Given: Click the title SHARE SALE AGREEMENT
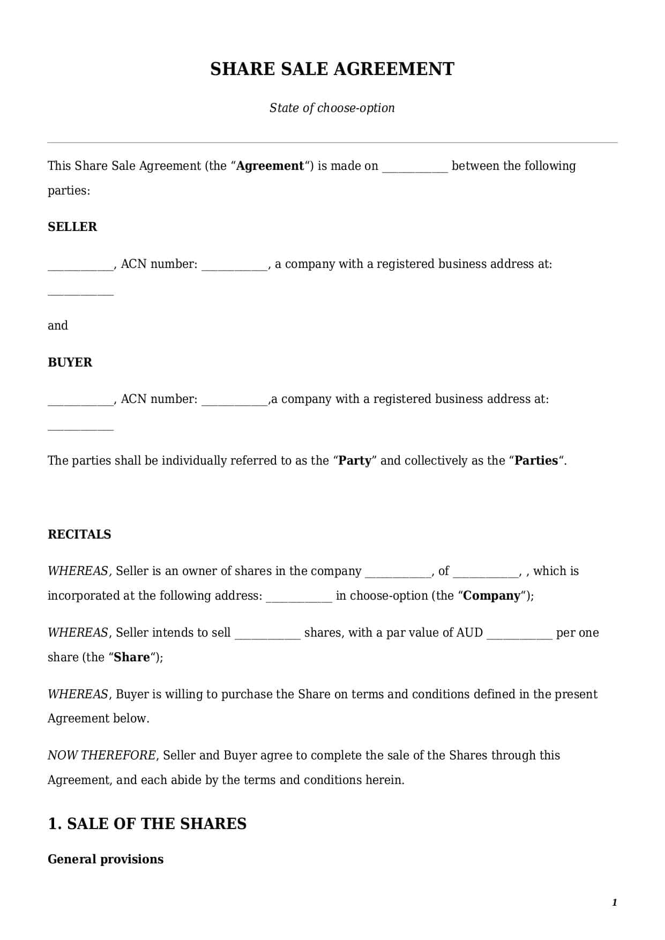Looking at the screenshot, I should [332, 69].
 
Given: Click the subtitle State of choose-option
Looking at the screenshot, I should [332, 108].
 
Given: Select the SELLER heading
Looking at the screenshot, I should [72, 227].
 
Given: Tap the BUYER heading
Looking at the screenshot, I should [70, 362].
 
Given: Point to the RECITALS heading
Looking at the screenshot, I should [79, 534].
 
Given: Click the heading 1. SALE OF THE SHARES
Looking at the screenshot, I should [147, 824].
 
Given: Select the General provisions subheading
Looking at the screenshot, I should [106, 859].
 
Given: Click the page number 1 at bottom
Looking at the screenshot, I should [614, 902].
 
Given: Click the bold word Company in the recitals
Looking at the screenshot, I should [491, 596].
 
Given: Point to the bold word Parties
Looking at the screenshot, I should [536, 461].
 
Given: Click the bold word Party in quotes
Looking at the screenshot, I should [355, 461].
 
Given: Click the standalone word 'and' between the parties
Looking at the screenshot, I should [58, 326].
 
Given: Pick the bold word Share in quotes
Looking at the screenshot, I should [132, 658].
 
